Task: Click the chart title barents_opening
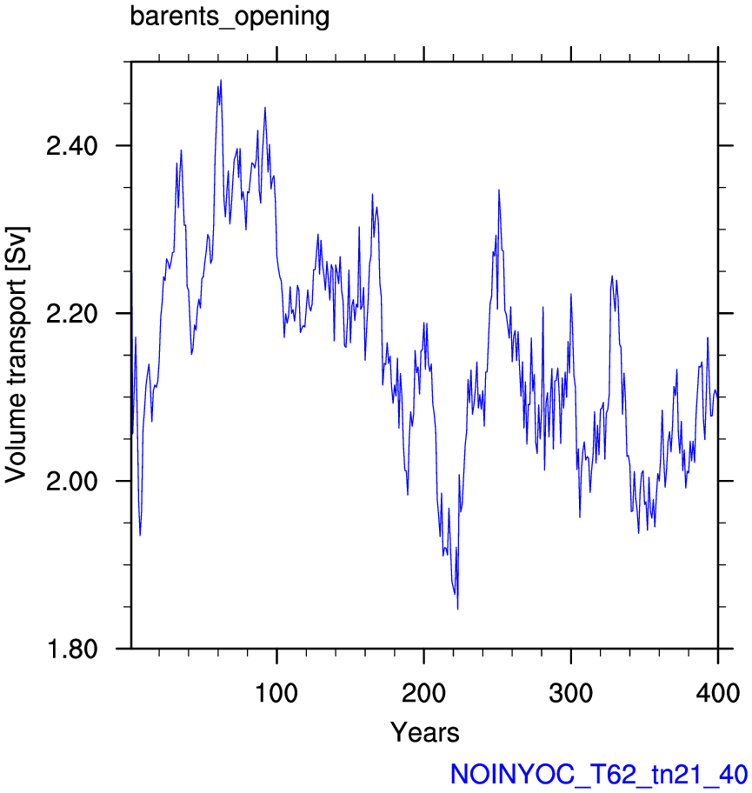coord(230,17)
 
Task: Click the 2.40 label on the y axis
coord(72,146)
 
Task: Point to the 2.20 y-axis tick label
coord(72,314)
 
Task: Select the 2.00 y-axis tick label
coord(72,481)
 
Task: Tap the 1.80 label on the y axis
coord(72,649)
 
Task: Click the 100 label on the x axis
coord(276,693)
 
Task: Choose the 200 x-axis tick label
coord(423,693)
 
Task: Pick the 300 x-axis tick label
coord(571,693)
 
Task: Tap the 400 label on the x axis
coord(717,693)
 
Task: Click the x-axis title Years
coord(425,732)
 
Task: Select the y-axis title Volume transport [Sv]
coord(17,355)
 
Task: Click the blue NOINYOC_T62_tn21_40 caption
coord(599,774)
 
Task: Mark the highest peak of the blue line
coord(221,80)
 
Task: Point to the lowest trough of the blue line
coord(457,610)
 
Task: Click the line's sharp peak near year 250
coord(499,190)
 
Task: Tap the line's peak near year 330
coord(612,277)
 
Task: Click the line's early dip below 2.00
coord(140,535)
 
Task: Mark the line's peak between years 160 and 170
coord(372,194)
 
